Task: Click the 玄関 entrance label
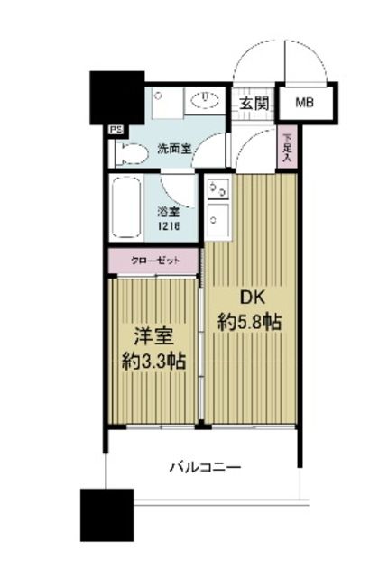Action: point(254,103)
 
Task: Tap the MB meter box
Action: point(306,102)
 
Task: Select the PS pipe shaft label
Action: point(116,130)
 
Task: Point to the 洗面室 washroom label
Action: point(174,147)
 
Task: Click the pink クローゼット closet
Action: point(153,260)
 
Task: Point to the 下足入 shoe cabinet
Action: point(286,148)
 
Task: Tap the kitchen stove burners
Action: point(217,190)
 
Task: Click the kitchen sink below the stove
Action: point(217,219)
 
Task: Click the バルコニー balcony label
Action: point(205,467)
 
